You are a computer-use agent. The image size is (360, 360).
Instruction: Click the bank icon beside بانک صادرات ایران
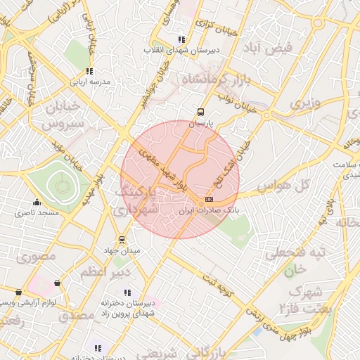[209, 199]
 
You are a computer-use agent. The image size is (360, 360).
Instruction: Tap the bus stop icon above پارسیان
[200, 111]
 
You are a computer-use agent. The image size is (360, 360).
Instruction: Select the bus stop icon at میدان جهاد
[123, 239]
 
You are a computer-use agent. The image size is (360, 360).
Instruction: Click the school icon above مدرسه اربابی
[89, 70]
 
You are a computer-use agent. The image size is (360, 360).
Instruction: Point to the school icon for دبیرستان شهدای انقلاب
[182, 39]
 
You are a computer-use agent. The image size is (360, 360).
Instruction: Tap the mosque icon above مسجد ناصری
[37, 202]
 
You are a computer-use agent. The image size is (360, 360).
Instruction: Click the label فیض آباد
[267, 48]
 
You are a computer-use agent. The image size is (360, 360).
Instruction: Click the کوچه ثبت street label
[218, 284]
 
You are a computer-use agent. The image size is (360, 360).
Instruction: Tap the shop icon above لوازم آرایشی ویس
[18, 292]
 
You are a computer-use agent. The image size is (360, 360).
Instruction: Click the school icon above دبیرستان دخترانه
[97, 348]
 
